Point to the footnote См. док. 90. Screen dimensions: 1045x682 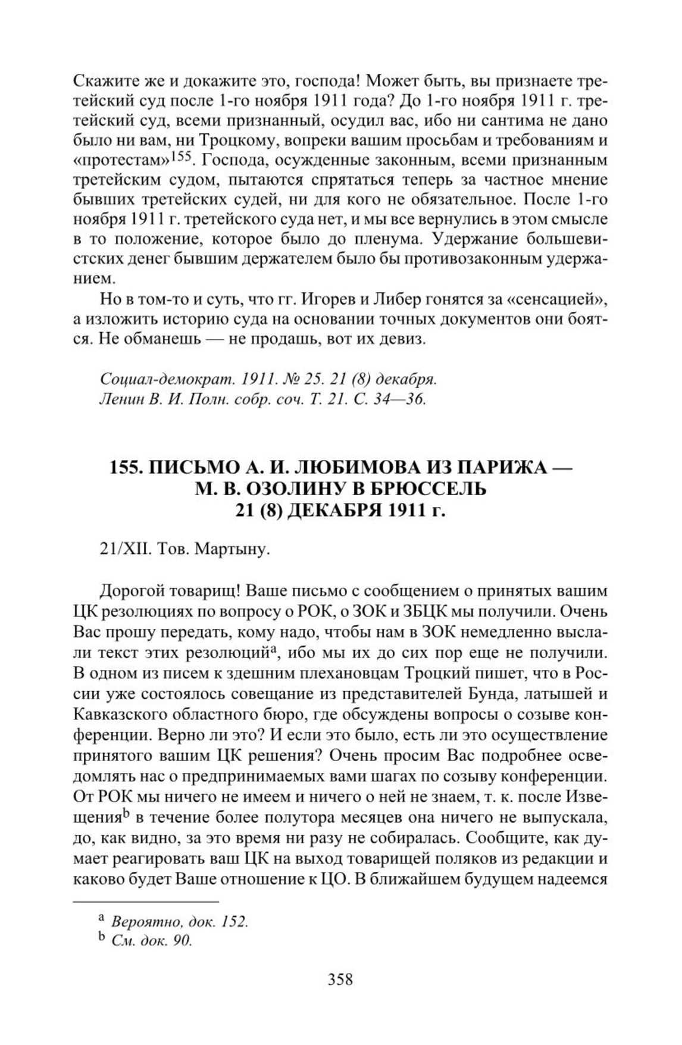(x=151, y=941)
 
